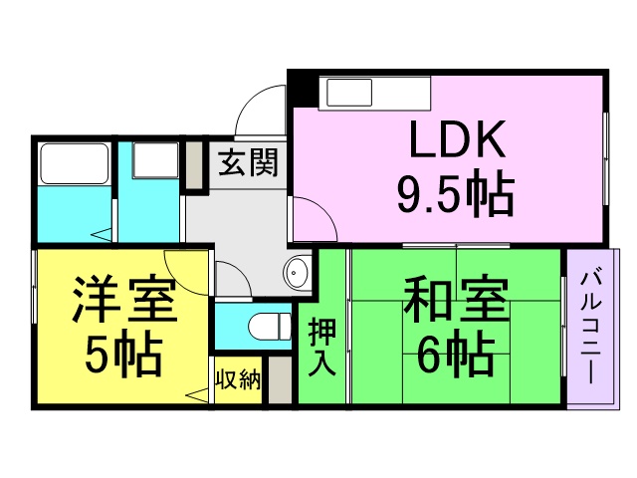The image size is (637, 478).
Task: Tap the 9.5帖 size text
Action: pyautogui.click(x=455, y=196)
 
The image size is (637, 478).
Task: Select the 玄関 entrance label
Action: pyautogui.click(x=249, y=161)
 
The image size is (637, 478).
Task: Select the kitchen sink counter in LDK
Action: pyautogui.click(x=374, y=94)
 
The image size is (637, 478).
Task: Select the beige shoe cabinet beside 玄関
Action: pyautogui.click(x=193, y=166)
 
